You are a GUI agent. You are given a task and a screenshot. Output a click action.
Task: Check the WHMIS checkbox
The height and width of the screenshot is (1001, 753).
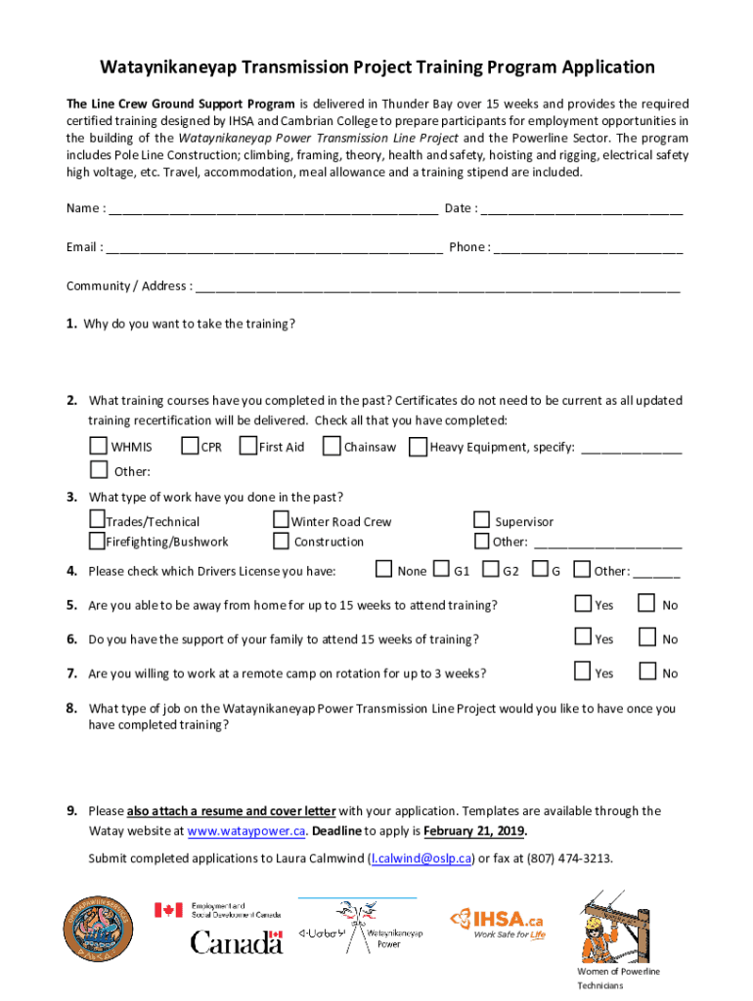(x=98, y=447)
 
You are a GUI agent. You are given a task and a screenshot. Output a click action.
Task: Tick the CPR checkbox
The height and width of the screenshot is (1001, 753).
(x=191, y=447)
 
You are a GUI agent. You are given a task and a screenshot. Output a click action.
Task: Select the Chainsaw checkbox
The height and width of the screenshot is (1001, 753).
(x=332, y=447)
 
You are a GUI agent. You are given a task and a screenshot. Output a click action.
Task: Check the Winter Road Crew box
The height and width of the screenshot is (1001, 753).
(x=282, y=520)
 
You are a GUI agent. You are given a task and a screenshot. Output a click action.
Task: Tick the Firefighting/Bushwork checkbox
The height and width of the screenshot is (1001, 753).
(x=97, y=541)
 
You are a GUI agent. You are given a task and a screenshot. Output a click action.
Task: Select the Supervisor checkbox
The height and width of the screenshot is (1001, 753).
(x=481, y=520)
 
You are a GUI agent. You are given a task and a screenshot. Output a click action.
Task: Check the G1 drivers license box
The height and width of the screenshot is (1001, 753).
(x=441, y=570)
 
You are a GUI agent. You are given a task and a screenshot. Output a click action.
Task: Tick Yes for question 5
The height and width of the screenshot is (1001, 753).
(x=583, y=603)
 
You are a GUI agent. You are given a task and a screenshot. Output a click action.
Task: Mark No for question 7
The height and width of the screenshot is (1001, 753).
(x=646, y=672)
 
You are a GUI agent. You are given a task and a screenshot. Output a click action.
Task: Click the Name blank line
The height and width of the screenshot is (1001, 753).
(x=273, y=209)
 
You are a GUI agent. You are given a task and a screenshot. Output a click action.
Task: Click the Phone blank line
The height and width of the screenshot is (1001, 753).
(x=588, y=248)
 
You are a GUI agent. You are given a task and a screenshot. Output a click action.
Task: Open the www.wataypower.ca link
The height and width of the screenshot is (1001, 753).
(x=246, y=832)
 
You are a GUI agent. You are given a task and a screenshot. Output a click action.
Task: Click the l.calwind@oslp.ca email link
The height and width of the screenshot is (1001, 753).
(x=421, y=859)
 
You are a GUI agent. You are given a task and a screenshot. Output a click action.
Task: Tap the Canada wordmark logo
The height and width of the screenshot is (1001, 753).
(x=237, y=942)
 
